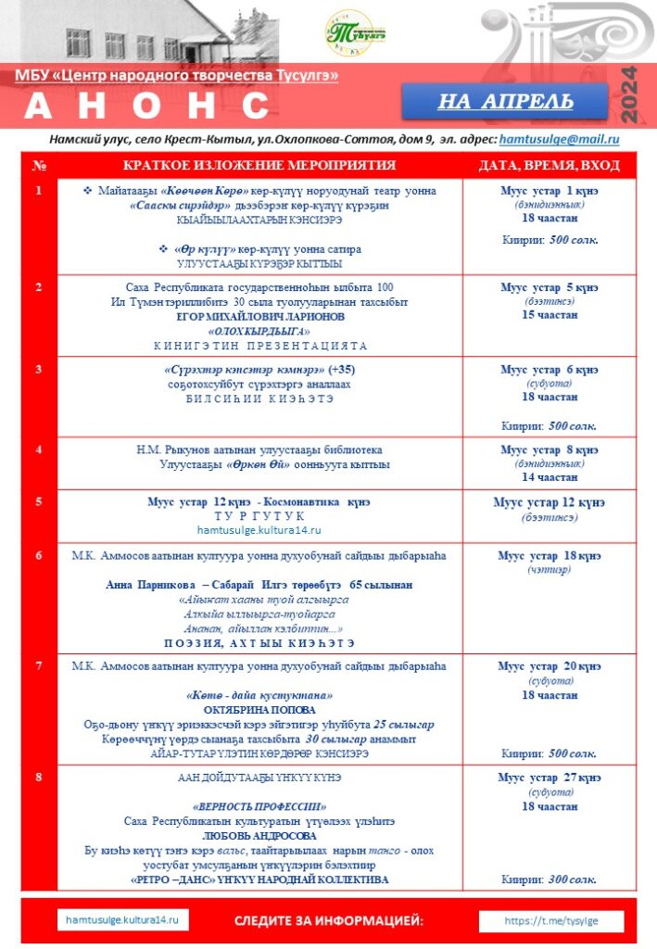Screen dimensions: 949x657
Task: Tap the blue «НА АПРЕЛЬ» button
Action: pos(505,101)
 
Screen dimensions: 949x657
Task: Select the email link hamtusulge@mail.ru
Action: pos(559,139)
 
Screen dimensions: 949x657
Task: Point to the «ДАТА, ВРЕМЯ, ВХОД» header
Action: pos(550,166)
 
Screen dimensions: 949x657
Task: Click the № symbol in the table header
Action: pos(39,166)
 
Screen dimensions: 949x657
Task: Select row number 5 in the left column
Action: pos(39,501)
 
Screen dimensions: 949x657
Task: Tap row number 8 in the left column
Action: pos(39,777)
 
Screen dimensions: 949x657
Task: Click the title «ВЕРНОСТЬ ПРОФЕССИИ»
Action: pos(259,806)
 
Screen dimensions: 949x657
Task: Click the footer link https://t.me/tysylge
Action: pos(552,921)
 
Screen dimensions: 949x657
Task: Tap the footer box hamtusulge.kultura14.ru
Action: pos(122,920)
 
